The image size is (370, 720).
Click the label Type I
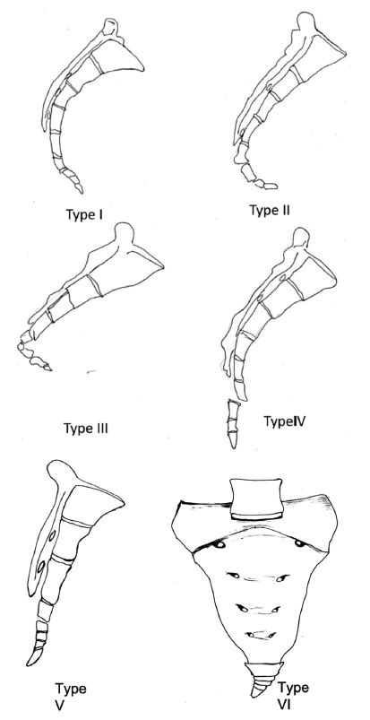[x=84, y=214]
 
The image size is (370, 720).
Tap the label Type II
[x=270, y=211]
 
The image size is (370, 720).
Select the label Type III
[x=86, y=429]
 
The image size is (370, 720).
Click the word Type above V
[x=70, y=689]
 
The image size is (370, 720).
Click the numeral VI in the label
[x=285, y=702]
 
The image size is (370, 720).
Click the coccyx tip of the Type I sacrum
[x=81, y=189]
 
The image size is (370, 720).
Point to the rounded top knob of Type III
[x=123, y=232]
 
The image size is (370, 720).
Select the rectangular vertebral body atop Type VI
[x=255, y=499]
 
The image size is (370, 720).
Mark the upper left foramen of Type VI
[x=219, y=544]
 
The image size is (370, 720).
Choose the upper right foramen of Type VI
[x=300, y=543]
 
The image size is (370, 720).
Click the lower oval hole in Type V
[x=41, y=567]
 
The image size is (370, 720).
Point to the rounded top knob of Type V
[x=64, y=472]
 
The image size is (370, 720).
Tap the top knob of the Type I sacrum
[x=110, y=26]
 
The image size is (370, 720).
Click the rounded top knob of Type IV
[x=302, y=238]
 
